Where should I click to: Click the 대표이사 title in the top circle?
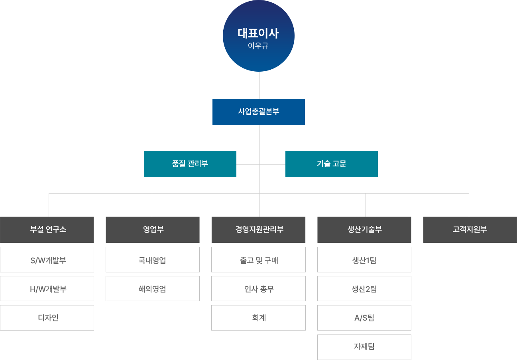click(258, 33)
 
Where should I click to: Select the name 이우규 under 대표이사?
click(258, 46)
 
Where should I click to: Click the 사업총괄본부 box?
click(259, 112)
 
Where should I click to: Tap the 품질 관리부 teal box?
click(190, 164)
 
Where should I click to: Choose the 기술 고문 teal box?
click(332, 164)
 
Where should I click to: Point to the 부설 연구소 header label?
click(48, 229)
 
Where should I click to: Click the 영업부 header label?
click(153, 229)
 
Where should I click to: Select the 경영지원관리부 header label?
click(259, 229)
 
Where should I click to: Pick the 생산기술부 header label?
click(365, 229)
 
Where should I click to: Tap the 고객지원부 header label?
click(470, 229)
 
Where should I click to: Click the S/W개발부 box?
click(47, 260)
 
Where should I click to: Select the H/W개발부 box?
click(47, 289)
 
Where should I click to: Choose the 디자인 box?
click(47, 318)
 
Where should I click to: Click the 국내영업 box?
click(153, 260)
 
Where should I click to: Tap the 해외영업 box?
click(153, 289)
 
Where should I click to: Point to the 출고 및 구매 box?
click(258, 260)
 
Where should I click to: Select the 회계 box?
click(258, 318)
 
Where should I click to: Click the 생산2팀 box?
click(364, 289)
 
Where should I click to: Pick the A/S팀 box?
click(364, 318)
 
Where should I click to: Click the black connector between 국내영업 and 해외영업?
click(152, 274)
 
